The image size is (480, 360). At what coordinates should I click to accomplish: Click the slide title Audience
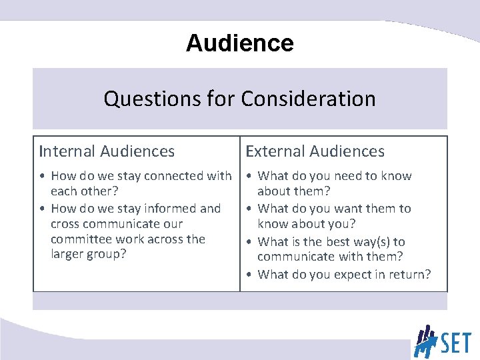point(239,43)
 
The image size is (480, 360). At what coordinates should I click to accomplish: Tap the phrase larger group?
point(88,254)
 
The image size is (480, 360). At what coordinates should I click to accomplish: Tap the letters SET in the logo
point(455,344)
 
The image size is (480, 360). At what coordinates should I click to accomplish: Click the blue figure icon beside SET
point(425,341)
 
